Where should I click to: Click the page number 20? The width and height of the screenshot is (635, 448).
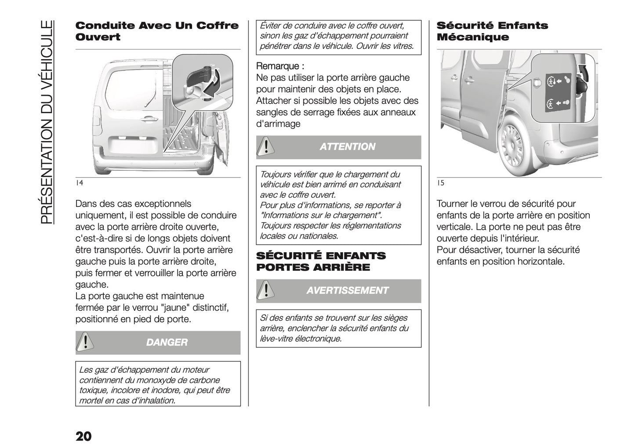83,436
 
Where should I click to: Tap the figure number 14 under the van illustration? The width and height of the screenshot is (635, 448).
79,183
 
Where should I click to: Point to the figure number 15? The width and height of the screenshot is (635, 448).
440,183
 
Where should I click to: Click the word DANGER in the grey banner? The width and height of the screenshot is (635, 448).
167,342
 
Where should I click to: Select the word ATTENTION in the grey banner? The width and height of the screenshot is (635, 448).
347,147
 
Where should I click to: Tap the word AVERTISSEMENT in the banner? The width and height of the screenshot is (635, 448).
347,290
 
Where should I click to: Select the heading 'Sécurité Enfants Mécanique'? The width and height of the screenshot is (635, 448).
492,31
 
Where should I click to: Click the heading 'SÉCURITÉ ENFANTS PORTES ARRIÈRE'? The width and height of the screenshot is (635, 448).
321,261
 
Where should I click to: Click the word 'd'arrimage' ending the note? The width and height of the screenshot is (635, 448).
278,124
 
